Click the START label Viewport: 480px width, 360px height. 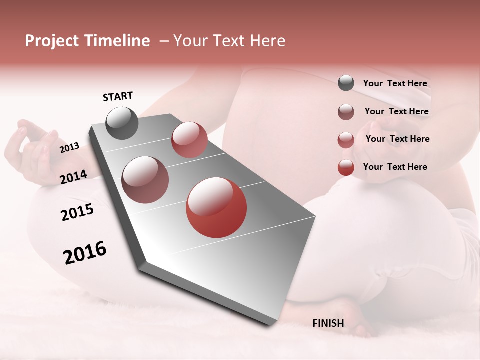click(118, 96)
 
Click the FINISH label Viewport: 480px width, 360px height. click(328, 323)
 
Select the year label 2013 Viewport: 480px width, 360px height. click(69, 148)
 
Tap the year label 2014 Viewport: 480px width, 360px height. click(73, 177)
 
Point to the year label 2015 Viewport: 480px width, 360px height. click(77, 212)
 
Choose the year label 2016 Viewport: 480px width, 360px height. click(85, 253)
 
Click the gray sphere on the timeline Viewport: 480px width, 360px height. click(122, 123)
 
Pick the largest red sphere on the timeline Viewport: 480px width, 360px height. click(216, 207)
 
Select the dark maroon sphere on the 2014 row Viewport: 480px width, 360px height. click(145, 179)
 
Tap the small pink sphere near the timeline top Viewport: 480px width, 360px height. click(189, 140)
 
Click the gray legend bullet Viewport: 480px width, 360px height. click(346, 83)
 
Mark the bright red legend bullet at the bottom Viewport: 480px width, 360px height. click(346, 167)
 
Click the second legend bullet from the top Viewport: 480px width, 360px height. click(346, 112)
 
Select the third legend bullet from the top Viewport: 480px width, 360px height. click(346, 140)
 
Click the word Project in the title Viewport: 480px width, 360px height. click(52, 41)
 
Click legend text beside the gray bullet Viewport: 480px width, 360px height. click(395, 83)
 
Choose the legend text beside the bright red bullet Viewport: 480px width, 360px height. click(395, 167)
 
